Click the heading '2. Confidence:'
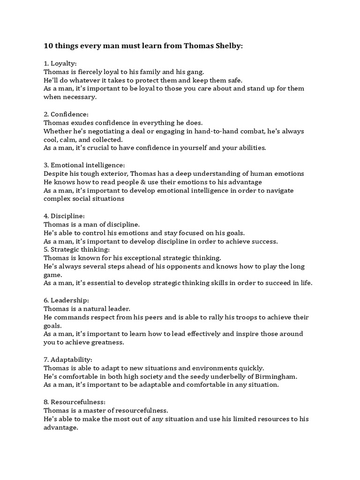coord(66,114)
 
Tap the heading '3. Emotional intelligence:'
coord(84,165)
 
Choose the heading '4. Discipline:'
coord(64,216)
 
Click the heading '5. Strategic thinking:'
coord(77,249)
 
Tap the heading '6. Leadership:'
coord(66,300)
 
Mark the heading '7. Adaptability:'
coord(68,359)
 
